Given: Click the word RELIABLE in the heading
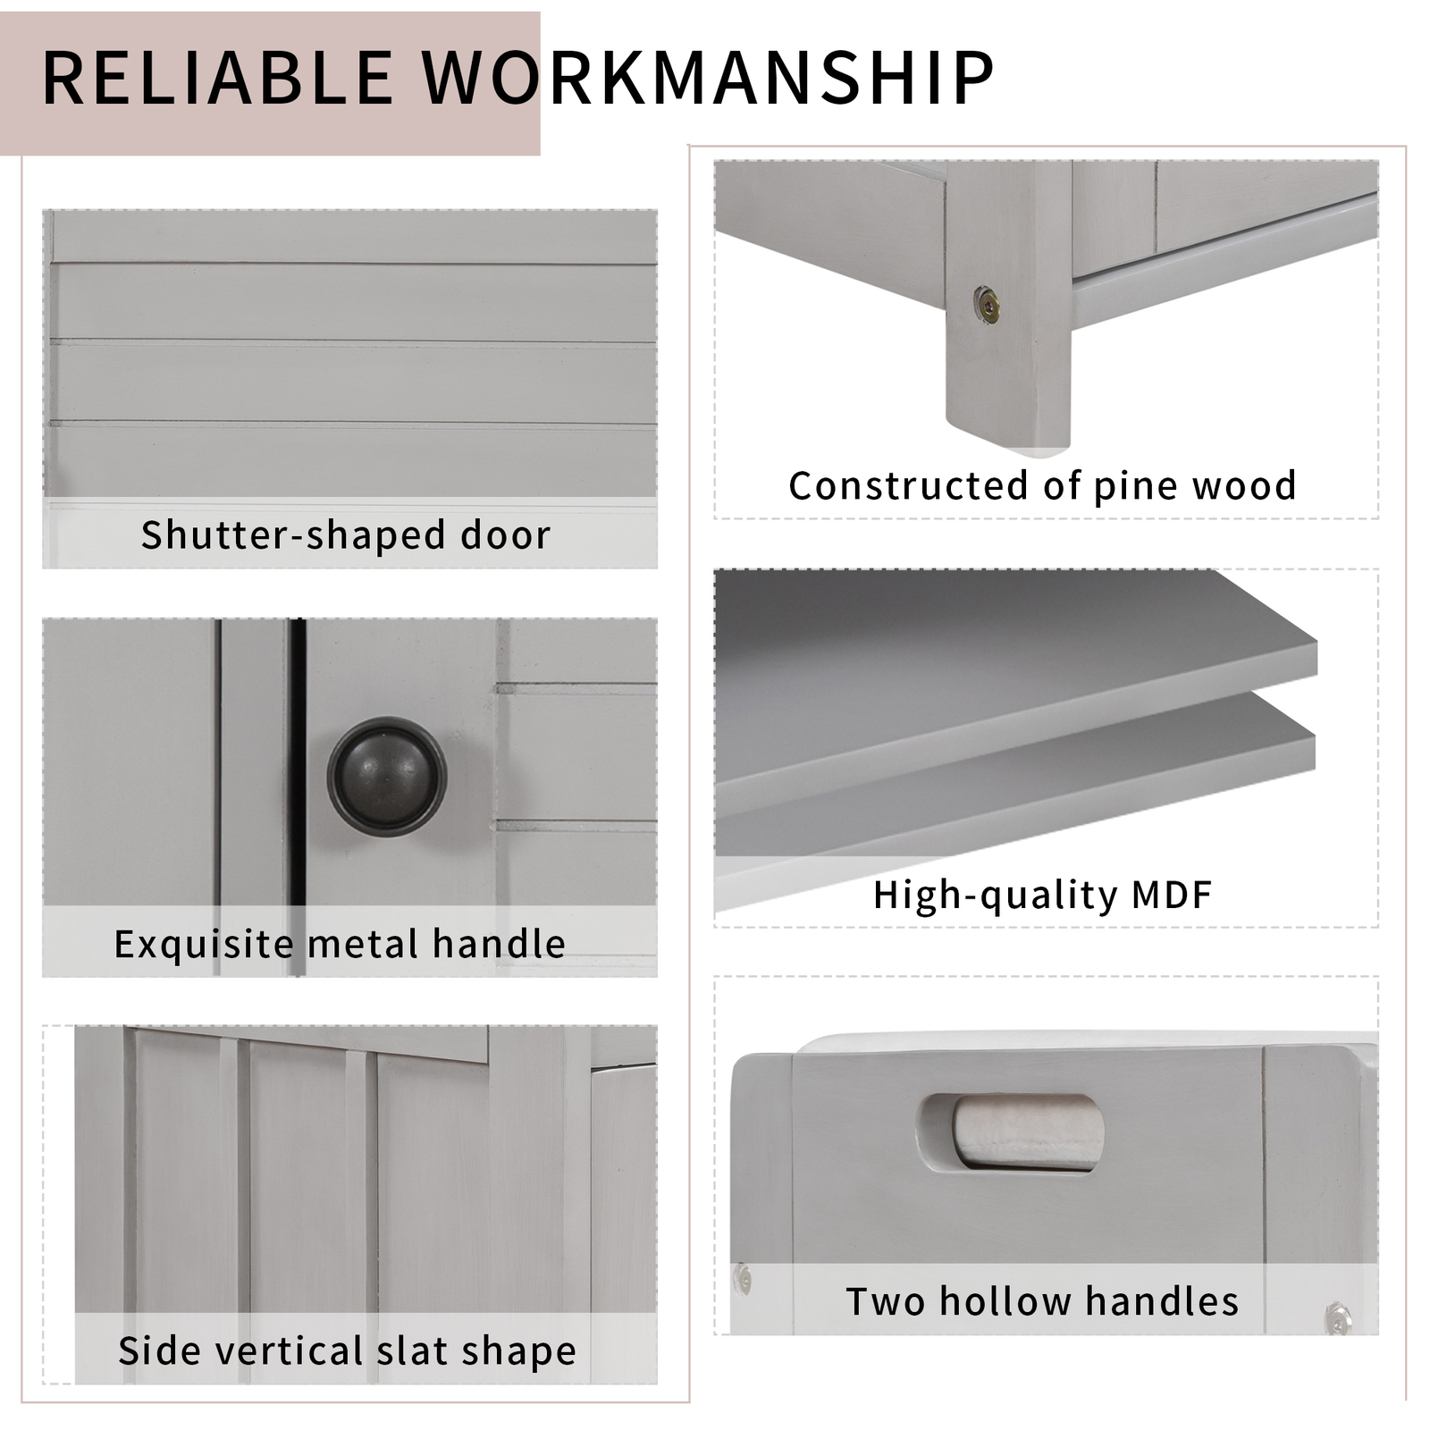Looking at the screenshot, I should [x=217, y=78].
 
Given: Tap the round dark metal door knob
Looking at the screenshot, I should [x=386, y=776].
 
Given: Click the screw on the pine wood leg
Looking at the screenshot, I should [x=987, y=306].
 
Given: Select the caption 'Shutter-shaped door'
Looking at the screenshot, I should [x=346, y=534].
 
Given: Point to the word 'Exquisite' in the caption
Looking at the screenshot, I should [x=204, y=944].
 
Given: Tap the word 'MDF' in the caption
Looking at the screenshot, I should [x=1172, y=894].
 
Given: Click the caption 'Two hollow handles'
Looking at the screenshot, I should [x=1042, y=1301].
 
